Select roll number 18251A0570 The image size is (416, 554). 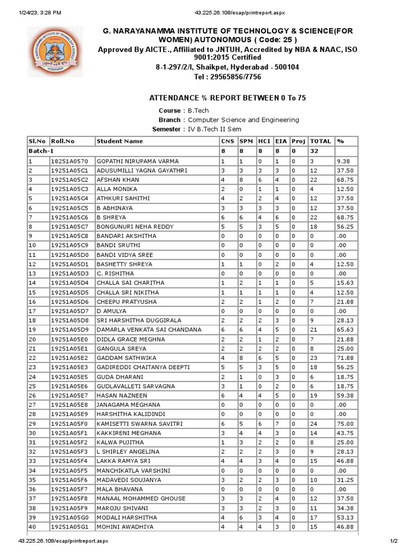pos(69,161)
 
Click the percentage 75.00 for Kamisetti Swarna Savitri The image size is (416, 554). pos(345,424)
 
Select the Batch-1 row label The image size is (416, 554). pos(41,151)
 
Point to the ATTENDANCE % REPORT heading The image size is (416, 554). pos(227,98)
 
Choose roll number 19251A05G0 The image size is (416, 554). pos(69,517)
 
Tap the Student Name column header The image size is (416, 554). pos(120,141)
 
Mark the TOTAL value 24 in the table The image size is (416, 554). pos(314,424)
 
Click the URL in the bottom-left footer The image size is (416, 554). pos(63,541)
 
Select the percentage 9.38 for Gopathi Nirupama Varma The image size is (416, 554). pos(343,161)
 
